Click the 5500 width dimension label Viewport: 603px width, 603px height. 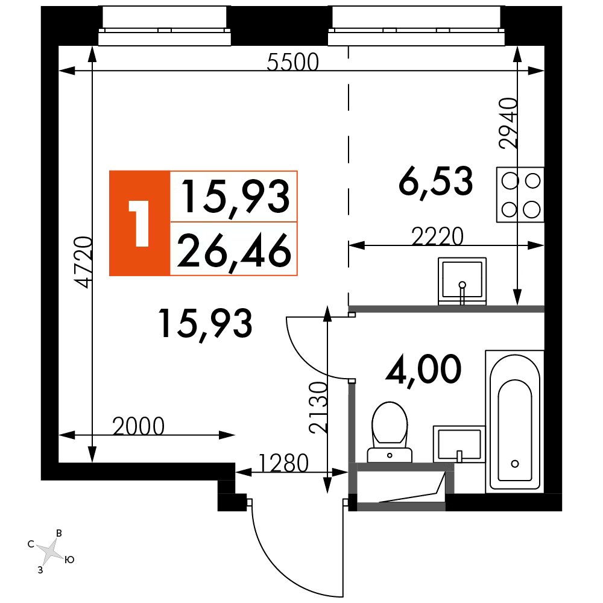292,62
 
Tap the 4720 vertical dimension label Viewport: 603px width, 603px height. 83,262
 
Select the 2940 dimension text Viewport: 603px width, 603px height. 508,123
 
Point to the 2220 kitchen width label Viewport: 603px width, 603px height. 437,236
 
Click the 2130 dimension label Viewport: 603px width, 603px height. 318,407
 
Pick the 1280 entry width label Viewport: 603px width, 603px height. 284,463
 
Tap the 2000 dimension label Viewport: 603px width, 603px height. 139,426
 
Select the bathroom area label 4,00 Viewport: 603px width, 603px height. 423,370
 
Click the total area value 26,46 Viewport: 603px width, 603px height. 234,250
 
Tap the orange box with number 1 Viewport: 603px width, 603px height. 140,224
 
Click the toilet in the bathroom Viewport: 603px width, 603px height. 390,432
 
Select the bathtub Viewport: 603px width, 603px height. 515,421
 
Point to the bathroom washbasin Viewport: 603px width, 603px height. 459,444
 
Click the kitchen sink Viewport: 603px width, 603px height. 463,281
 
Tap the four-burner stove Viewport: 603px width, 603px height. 520,195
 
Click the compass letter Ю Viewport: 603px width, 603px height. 69,560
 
